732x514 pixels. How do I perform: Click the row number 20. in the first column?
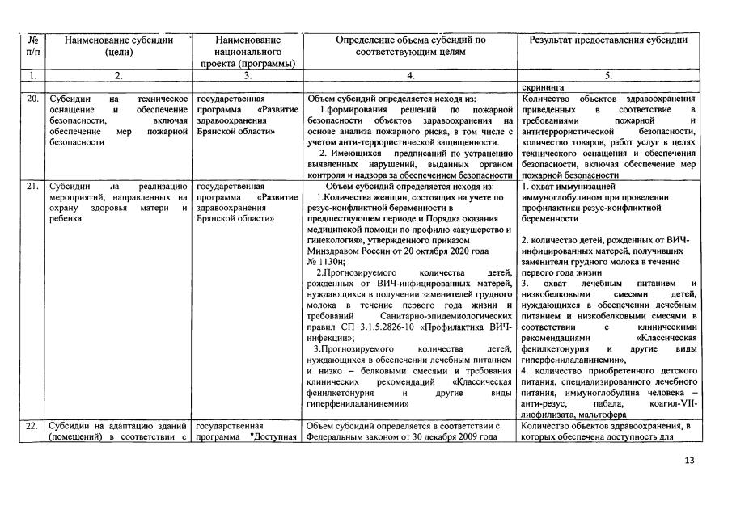(32, 99)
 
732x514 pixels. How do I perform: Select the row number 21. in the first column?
(32, 186)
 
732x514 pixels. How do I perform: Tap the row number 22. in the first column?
(32, 426)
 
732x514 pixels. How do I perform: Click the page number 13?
(689, 461)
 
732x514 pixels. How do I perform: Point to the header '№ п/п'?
(32, 45)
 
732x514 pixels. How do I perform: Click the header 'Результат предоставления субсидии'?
(607, 40)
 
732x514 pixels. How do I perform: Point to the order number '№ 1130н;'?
(327, 261)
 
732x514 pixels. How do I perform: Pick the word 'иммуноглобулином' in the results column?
(566, 196)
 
